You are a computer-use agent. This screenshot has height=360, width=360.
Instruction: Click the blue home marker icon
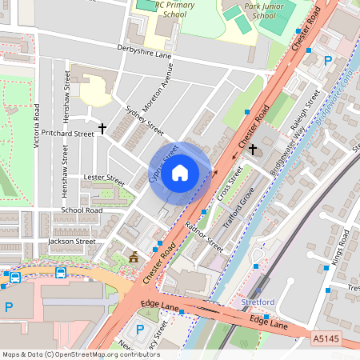[180, 172]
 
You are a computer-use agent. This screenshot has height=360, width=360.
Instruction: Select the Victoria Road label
[38, 128]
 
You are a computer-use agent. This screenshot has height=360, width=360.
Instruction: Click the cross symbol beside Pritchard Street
[102, 127]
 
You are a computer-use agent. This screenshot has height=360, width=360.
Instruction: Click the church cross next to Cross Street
[254, 150]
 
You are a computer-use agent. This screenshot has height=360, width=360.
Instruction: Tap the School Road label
[82, 210]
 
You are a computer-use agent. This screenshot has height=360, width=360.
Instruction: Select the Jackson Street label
[71, 241]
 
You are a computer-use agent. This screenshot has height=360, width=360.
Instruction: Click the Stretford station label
[258, 302]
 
